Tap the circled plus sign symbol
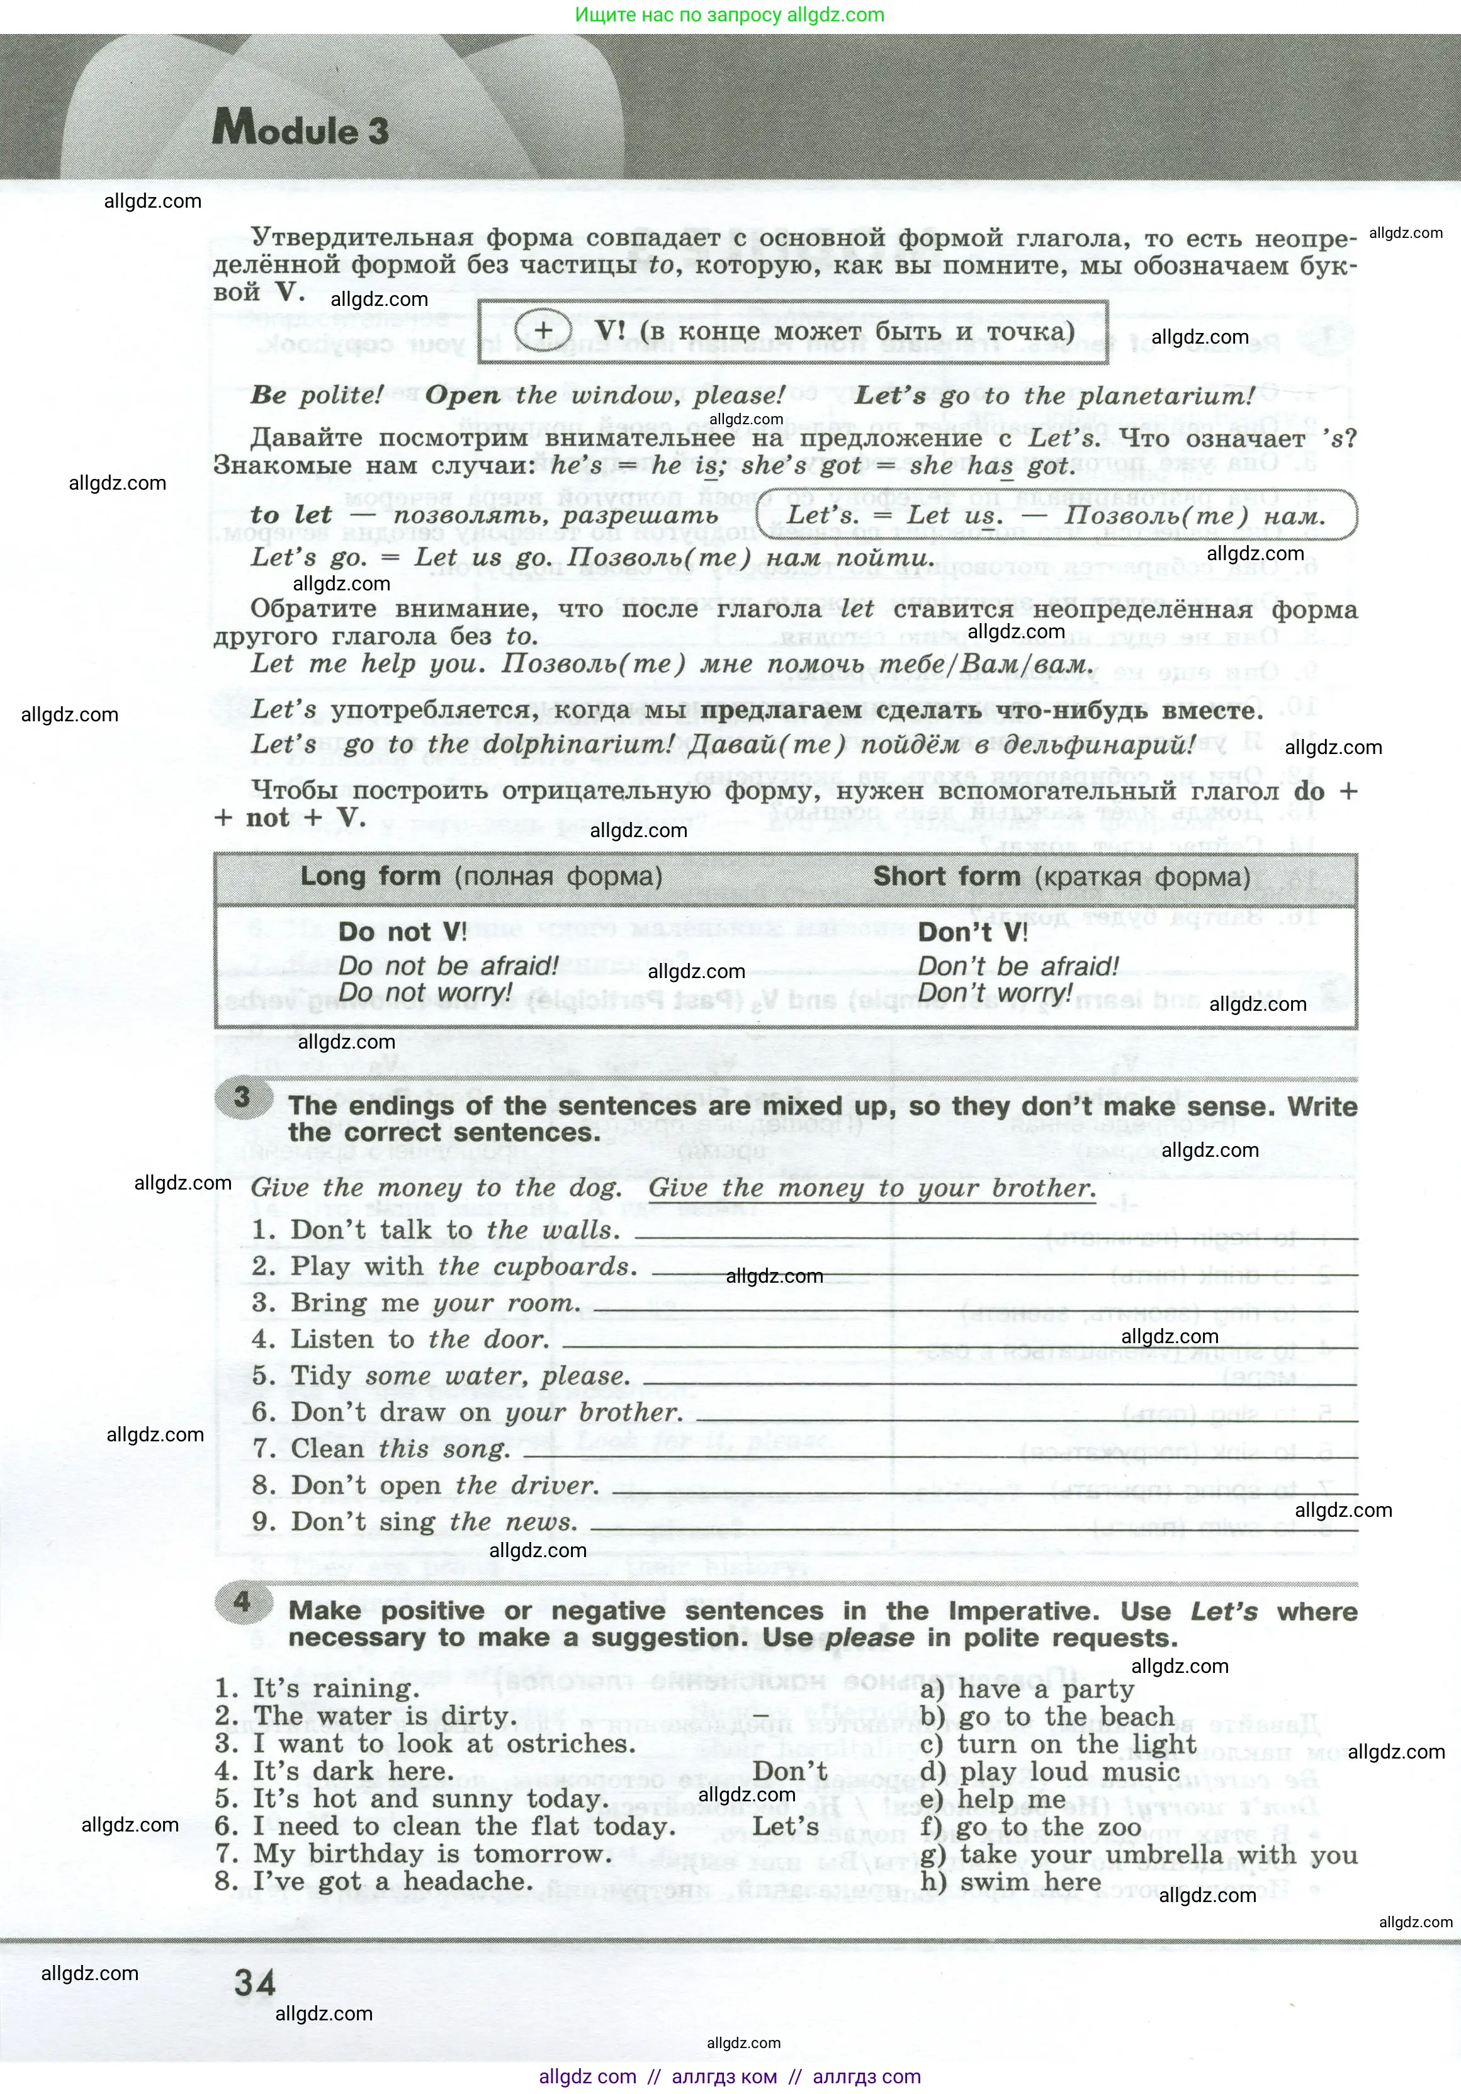tap(543, 330)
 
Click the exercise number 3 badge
tap(242, 1096)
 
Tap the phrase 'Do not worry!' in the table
tap(425, 993)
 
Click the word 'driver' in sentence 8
tap(552, 1485)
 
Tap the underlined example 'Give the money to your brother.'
tap(871, 1188)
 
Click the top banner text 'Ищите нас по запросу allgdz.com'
tap(730, 14)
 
